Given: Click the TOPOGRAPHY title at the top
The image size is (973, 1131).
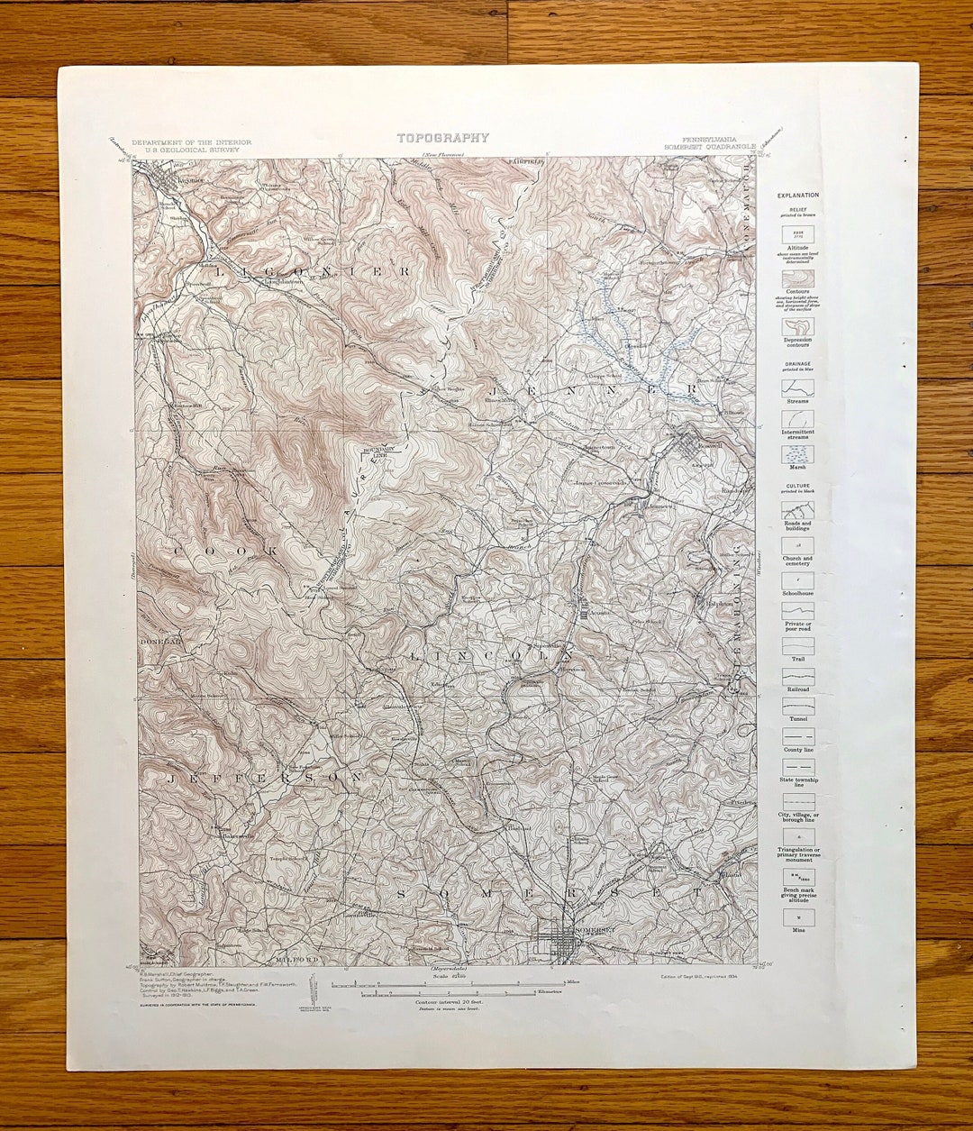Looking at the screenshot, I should (x=443, y=138).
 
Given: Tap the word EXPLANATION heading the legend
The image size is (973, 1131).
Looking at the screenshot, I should (x=798, y=195).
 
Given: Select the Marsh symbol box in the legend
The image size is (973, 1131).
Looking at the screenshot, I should (x=798, y=454).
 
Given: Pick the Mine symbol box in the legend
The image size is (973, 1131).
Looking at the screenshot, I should (x=798, y=917).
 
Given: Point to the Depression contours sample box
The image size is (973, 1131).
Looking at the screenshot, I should (x=798, y=326).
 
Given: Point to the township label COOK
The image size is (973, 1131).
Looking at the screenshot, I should (x=224, y=550).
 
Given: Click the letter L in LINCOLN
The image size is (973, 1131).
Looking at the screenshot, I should (x=415, y=658).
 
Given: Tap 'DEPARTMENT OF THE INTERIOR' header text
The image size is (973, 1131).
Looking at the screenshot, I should (x=191, y=142).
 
